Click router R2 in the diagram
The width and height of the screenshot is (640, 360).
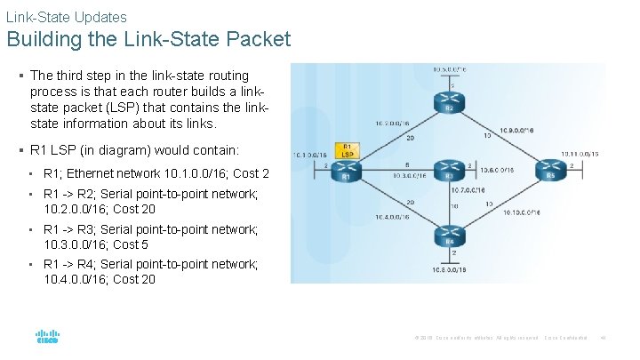point(450,103)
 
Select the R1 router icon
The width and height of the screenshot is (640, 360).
point(348,169)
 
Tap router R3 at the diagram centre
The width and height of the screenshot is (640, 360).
point(450,169)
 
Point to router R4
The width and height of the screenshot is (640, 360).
point(450,235)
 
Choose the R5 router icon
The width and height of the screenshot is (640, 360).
point(551,169)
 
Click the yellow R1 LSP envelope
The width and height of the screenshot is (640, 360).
point(347,151)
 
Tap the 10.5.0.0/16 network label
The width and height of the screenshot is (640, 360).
point(450,68)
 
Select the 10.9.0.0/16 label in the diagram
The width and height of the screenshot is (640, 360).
point(517,129)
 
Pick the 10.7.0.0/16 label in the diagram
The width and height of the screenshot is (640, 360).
point(468,190)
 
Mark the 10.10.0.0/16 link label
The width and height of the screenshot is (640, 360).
point(524,212)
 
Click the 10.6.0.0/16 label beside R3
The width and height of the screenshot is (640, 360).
point(497,169)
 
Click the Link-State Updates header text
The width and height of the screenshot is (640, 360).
point(67,16)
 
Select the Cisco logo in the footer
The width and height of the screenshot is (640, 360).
point(47,338)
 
